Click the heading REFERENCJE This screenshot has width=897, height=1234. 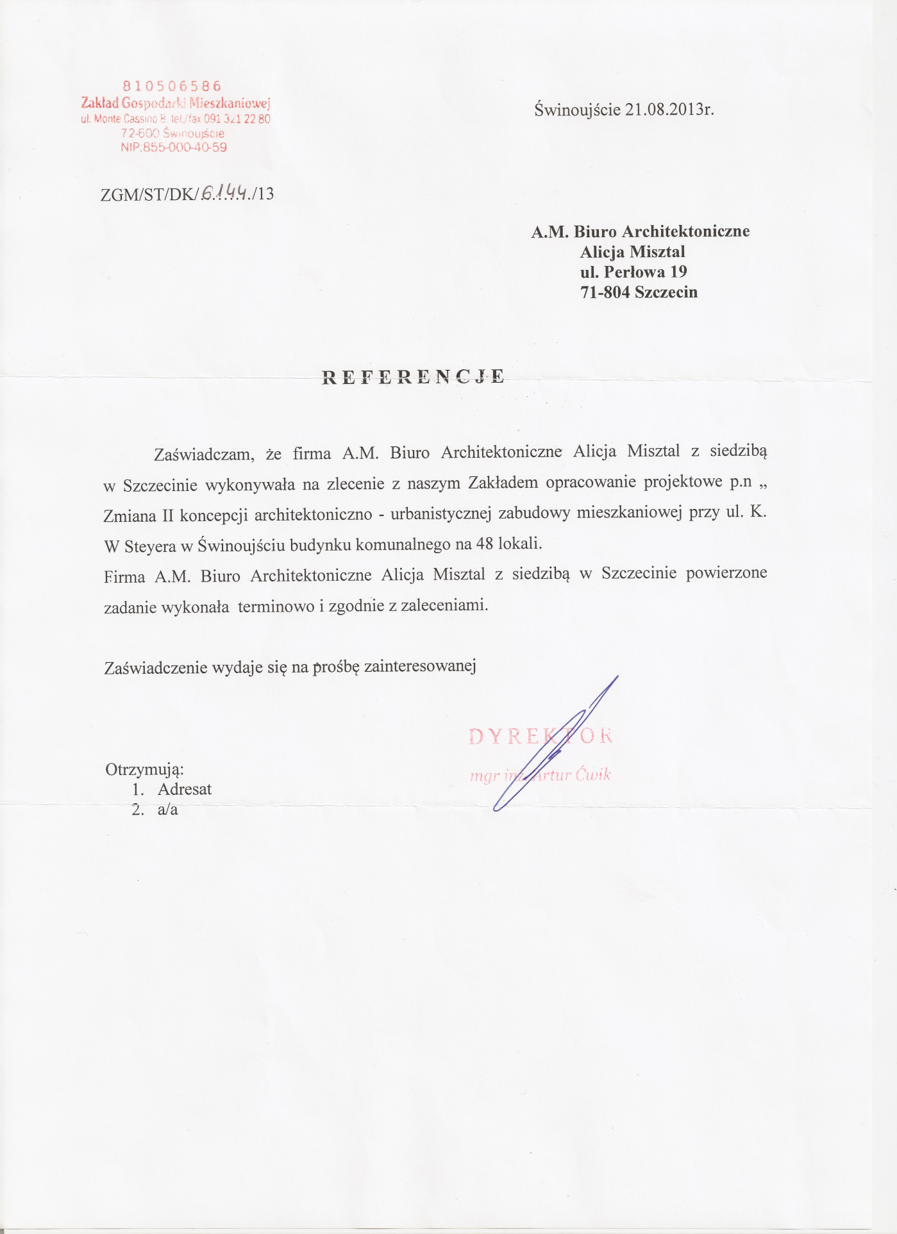pos(413,376)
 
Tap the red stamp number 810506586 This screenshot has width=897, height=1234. pos(172,86)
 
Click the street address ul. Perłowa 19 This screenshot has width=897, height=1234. pos(633,272)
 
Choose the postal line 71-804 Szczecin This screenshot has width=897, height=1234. pos(639,292)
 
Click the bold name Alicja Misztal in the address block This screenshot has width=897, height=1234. pos(632,251)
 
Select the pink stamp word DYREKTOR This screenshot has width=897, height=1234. pos(541,736)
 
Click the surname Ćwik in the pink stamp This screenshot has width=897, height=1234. pos(593,774)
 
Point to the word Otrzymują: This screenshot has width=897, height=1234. pos(145,769)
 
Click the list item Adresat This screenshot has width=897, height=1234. pos(185,789)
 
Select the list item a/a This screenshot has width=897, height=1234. pos(168,810)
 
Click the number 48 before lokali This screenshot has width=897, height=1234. pos(484,544)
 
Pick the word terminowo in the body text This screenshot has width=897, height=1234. pos(276,606)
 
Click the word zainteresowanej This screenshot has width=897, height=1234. pos(420,667)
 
